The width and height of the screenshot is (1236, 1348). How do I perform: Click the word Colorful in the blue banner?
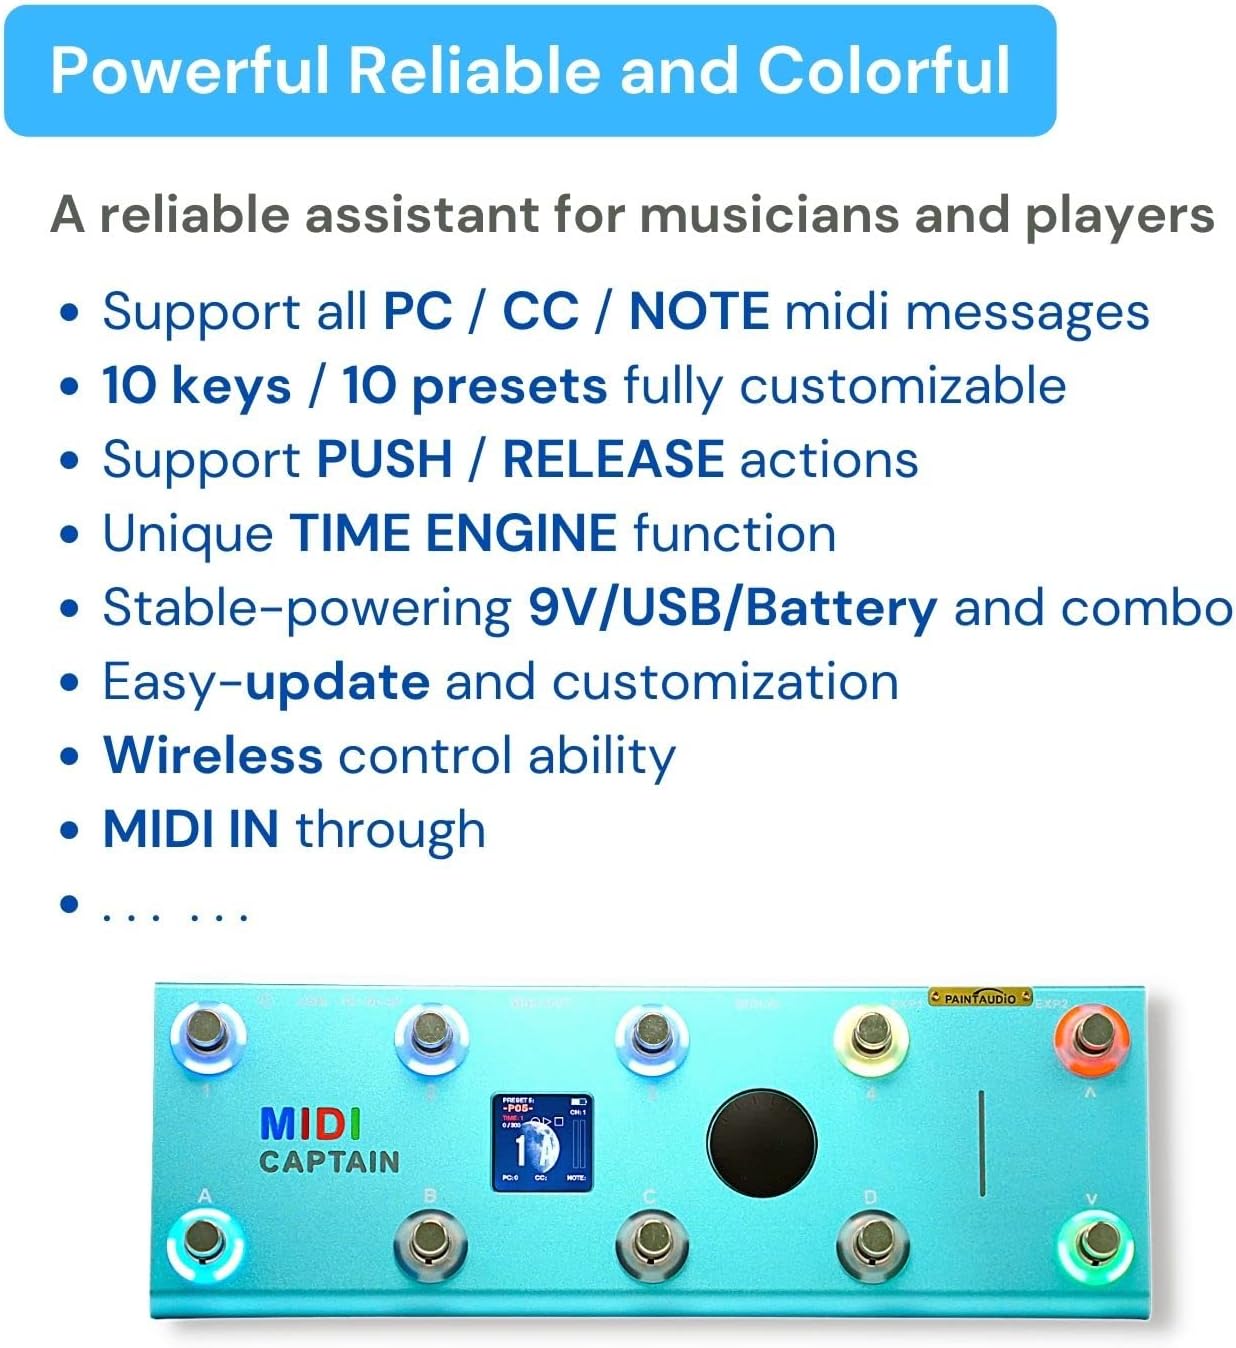[x=883, y=70]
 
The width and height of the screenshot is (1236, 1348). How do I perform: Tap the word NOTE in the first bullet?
[x=698, y=311]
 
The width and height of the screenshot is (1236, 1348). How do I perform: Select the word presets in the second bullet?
[x=509, y=386]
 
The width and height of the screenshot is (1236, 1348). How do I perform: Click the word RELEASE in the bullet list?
[x=612, y=459]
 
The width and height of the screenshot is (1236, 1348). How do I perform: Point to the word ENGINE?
[x=520, y=533]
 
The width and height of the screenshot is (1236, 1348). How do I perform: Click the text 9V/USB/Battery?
[x=732, y=607]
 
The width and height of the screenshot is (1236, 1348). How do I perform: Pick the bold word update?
[x=337, y=682]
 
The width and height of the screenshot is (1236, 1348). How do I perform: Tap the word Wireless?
[x=213, y=755]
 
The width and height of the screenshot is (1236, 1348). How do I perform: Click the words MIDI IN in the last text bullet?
[x=191, y=829]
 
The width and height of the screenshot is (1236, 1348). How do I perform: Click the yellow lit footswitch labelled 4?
[x=871, y=1035]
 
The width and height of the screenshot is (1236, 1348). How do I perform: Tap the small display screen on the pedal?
[x=540, y=1142]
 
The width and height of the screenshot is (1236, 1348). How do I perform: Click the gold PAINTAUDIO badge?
[x=980, y=997]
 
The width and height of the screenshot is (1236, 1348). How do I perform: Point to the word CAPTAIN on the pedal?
[x=329, y=1161]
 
